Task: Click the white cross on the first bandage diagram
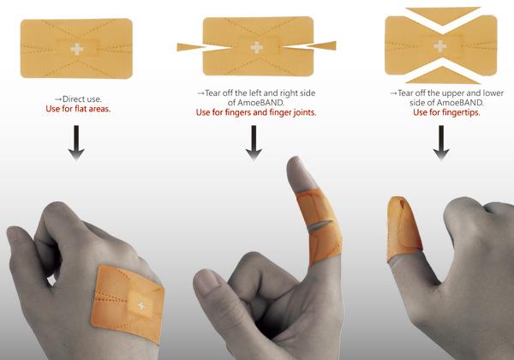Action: [x=77, y=49]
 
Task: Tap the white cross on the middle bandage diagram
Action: [x=257, y=48]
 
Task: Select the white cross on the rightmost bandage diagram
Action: [x=440, y=46]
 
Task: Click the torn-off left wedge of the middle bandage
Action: [x=193, y=47]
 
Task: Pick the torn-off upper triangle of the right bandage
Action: [x=443, y=15]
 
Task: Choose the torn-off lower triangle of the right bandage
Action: [x=443, y=75]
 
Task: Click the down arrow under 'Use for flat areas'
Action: [x=76, y=143]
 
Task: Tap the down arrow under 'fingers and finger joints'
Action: [x=254, y=143]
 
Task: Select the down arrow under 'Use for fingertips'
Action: [x=441, y=143]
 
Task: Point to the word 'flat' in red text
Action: [x=81, y=109]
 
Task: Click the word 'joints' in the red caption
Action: [x=304, y=113]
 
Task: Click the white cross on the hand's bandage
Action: [x=141, y=306]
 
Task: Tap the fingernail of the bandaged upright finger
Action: [x=297, y=175]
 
